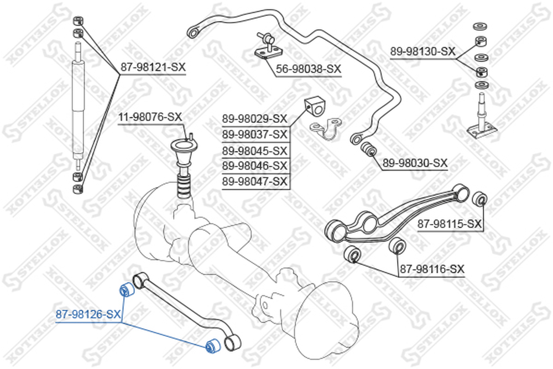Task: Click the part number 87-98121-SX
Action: (x=153, y=67)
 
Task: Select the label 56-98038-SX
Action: (x=309, y=69)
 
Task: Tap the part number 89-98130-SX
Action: (x=422, y=51)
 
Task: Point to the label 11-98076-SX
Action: (x=150, y=117)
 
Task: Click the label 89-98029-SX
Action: (x=254, y=118)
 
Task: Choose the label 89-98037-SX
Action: (x=254, y=134)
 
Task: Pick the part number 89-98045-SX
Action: (x=254, y=151)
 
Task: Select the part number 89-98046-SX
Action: (x=254, y=165)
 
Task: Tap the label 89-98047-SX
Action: (x=254, y=181)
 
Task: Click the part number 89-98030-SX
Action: (x=415, y=163)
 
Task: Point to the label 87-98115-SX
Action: (x=450, y=224)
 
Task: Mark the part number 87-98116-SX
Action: (x=432, y=269)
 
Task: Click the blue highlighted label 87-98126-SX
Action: (x=88, y=314)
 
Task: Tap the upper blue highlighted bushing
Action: (x=126, y=289)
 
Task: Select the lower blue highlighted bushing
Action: (x=213, y=345)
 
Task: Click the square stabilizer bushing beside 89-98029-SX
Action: (x=313, y=107)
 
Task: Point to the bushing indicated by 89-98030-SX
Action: (x=368, y=149)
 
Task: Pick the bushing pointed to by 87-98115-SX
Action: (x=479, y=199)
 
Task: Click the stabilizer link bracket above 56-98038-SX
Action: (x=269, y=47)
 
